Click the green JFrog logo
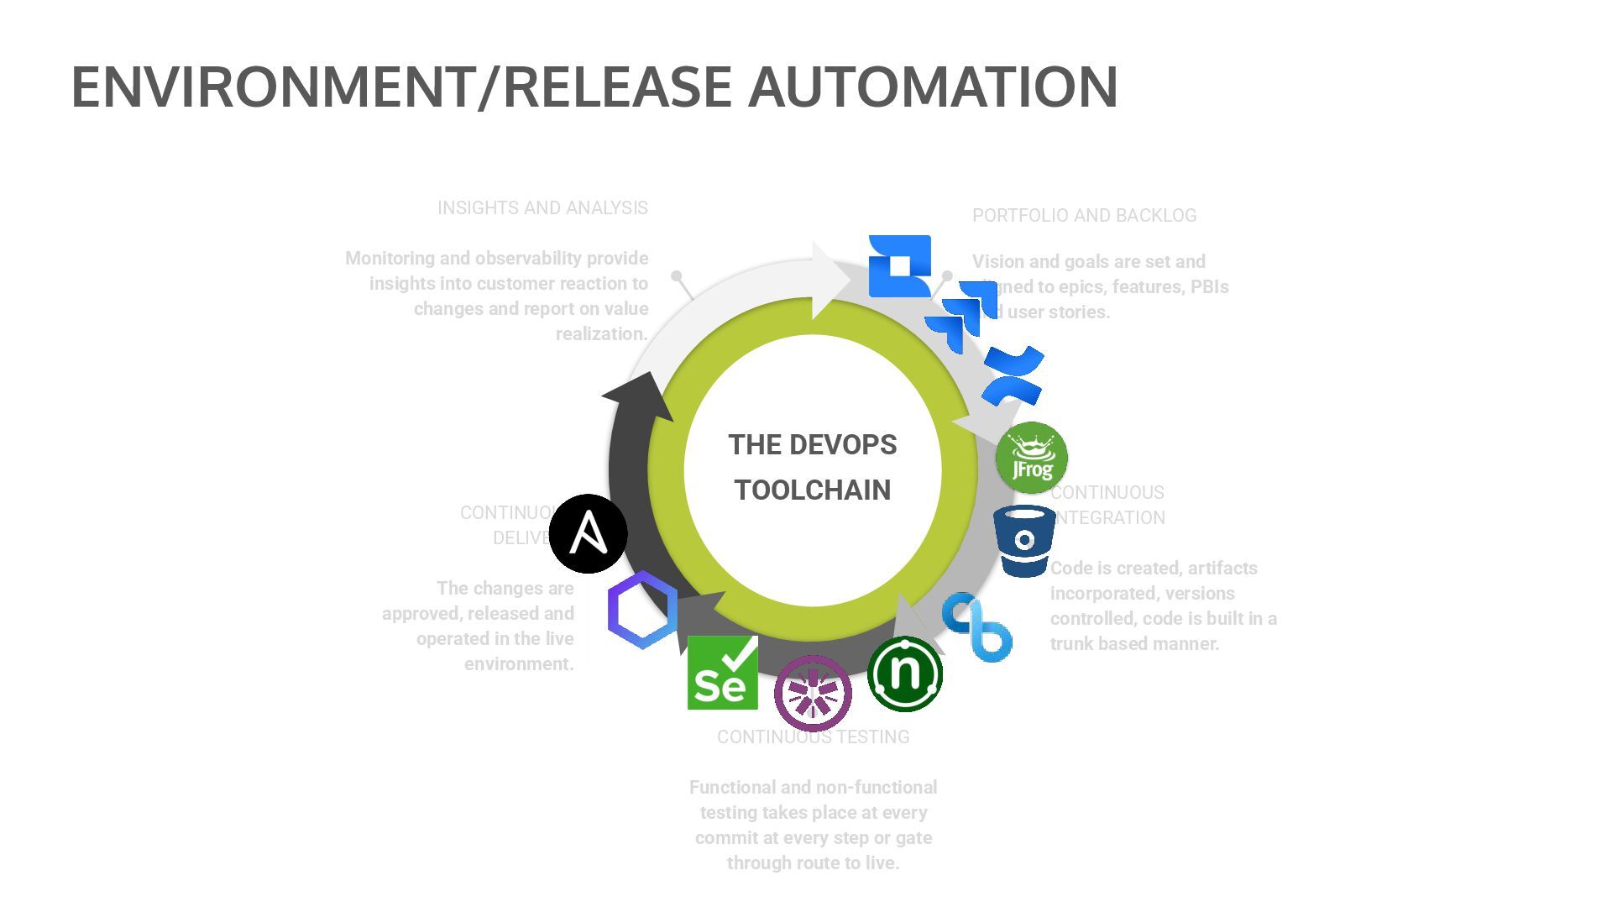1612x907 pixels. (x=1031, y=458)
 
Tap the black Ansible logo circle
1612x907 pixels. (x=589, y=533)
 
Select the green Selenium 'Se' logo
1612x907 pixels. (x=722, y=673)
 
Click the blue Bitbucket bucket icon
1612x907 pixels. (x=1024, y=541)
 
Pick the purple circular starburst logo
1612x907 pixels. (x=812, y=693)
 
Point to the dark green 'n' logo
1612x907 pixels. (x=904, y=674)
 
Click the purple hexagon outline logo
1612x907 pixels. (x=642, y=610)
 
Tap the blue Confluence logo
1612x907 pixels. (x=1013, y=375)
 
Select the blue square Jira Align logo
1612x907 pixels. (x=899, y=265)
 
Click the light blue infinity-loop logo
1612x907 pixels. (x=976, y=627)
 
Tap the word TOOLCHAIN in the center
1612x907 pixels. (x=812, y=490)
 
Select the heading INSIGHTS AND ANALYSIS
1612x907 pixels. (x=542, y=208)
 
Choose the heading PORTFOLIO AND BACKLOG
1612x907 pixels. (x=1084, y=216)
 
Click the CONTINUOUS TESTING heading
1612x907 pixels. (x=813, y=737)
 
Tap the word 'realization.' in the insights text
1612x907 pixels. (x=601, y=334)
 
